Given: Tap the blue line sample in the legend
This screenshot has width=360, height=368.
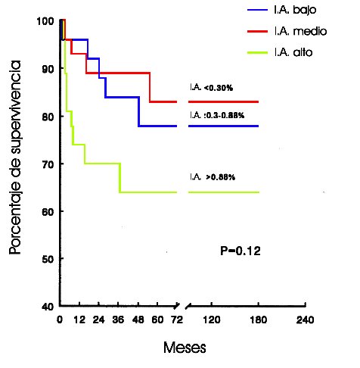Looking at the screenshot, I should click(260, 13).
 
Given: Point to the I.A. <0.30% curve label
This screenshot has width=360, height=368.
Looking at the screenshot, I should click(212, 88).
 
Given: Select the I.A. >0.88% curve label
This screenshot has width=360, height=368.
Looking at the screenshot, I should click(213, 177).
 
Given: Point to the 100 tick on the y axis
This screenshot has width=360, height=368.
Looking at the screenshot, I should click(45, 21).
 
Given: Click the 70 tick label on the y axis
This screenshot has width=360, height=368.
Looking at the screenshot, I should click(48, 164).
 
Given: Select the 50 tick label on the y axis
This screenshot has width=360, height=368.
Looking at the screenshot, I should click(48, 259).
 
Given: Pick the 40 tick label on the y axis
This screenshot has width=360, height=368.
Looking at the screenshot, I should click(48, 306).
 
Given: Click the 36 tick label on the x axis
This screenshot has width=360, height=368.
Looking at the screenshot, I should click(119, 320).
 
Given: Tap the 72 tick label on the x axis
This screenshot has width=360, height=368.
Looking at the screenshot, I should click(177, 320).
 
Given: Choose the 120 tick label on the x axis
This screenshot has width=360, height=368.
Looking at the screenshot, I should click(211, 320).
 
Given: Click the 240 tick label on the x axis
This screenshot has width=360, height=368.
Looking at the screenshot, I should click(306, 320).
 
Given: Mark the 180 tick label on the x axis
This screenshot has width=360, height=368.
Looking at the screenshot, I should click(259, 320).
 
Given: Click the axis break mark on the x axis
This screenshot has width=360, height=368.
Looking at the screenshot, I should click(186, 307).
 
